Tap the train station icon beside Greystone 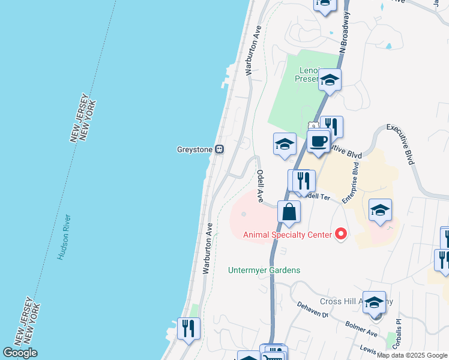(x=220, y=149)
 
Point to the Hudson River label (x=65, y=237)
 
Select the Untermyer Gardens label (x=264, y=270)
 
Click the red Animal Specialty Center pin (x=341, y=233)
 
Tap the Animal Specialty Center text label (x=288, y=234)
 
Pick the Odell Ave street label (x=261, y=185)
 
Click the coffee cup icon (x=318, y=142)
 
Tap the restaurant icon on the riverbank (x=189, y=328)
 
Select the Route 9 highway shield (x=313, y=125)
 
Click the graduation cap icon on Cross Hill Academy (x=374, y=302)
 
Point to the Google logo (x=20, y=353)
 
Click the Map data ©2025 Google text (x=412, y=355)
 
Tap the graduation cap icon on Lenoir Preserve (x=330, y=79)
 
